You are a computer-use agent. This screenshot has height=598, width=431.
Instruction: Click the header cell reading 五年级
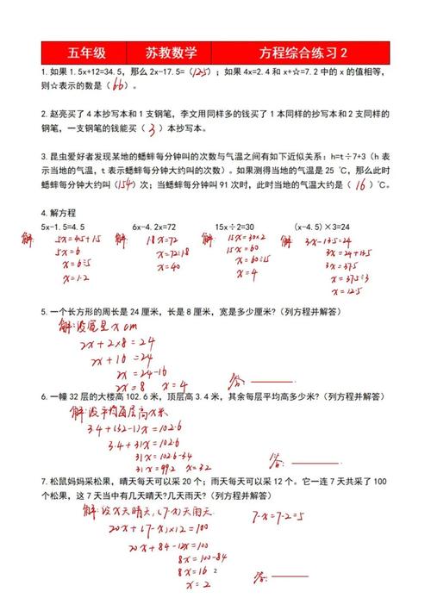(x=82, y=51)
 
